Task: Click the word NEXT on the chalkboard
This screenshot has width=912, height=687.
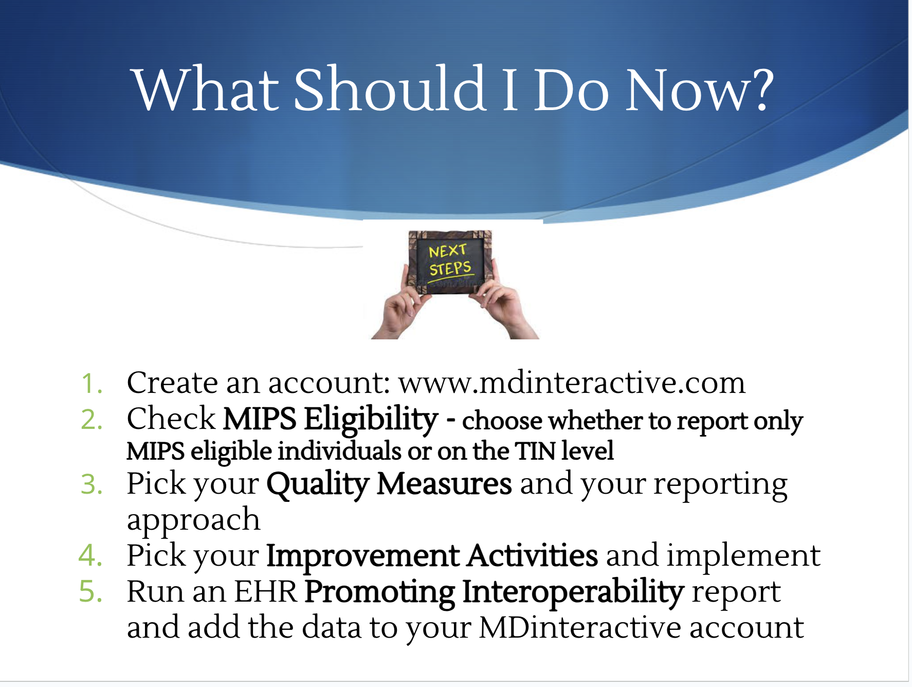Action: (447, 251)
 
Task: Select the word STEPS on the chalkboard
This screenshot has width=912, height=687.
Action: (450, 268)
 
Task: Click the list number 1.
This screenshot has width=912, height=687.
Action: (92, 384)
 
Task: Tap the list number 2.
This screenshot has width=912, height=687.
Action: (92, 420)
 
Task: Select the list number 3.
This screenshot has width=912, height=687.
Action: (92, 484)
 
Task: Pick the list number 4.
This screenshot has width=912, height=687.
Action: (91, 556)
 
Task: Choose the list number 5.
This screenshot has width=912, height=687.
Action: (91, 592)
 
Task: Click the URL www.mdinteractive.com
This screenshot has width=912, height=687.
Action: (572, 383)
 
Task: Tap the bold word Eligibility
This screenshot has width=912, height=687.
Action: (371, 420)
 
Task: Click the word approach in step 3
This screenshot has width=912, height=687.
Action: (193, 521)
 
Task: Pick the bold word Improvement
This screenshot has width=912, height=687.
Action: (363, 556)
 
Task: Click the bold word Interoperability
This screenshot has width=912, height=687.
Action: (573, 593)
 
